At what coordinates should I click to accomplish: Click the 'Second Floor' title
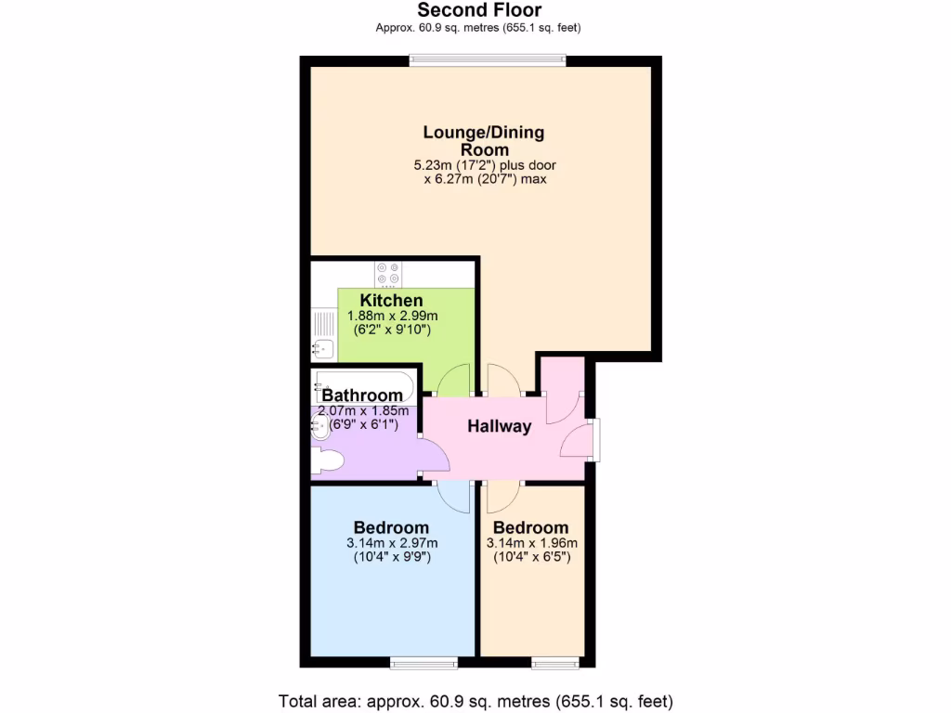point(479,10)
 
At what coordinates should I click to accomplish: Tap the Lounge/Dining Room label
point(484,140)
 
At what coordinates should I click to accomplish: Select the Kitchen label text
point(391,300)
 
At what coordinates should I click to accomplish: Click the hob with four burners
point(387,274)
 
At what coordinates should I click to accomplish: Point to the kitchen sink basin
point(322,349)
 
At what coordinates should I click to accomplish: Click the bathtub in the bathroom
point(364,382)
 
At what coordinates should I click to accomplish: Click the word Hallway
point(499,427)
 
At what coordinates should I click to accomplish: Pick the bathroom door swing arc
point(433,454)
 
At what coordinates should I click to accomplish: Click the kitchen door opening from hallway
point(454,381)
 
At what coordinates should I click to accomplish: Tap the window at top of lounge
point(489,60)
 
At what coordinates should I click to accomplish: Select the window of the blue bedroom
point(423,663)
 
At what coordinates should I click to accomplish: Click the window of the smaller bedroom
point(554,663)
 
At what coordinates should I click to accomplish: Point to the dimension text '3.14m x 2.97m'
point(391,543)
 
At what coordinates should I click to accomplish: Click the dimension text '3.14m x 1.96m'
point(531,543)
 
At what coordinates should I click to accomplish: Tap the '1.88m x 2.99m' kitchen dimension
point(392,316)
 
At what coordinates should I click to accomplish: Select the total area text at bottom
point(475,700)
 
